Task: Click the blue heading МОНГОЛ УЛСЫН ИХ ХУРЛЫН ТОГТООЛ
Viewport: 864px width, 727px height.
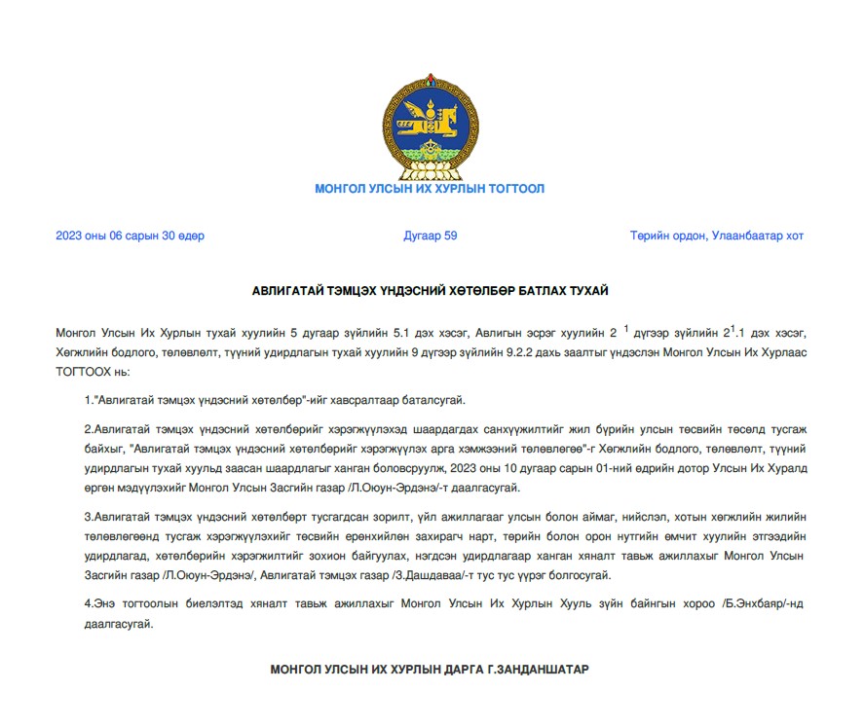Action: pos(430,189)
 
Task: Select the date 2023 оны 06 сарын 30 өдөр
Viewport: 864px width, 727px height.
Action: pos(130,236)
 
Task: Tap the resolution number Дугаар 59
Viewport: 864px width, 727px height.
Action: pos(430,236)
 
